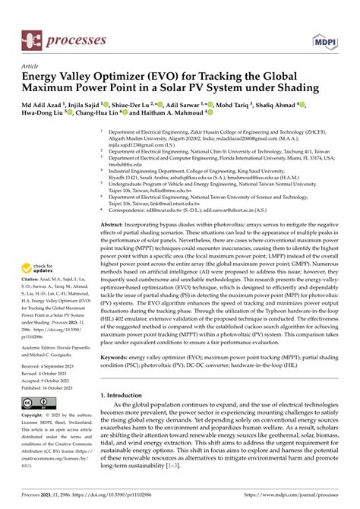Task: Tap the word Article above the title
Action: pos(32,66)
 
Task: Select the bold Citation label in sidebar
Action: pos(33,280)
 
